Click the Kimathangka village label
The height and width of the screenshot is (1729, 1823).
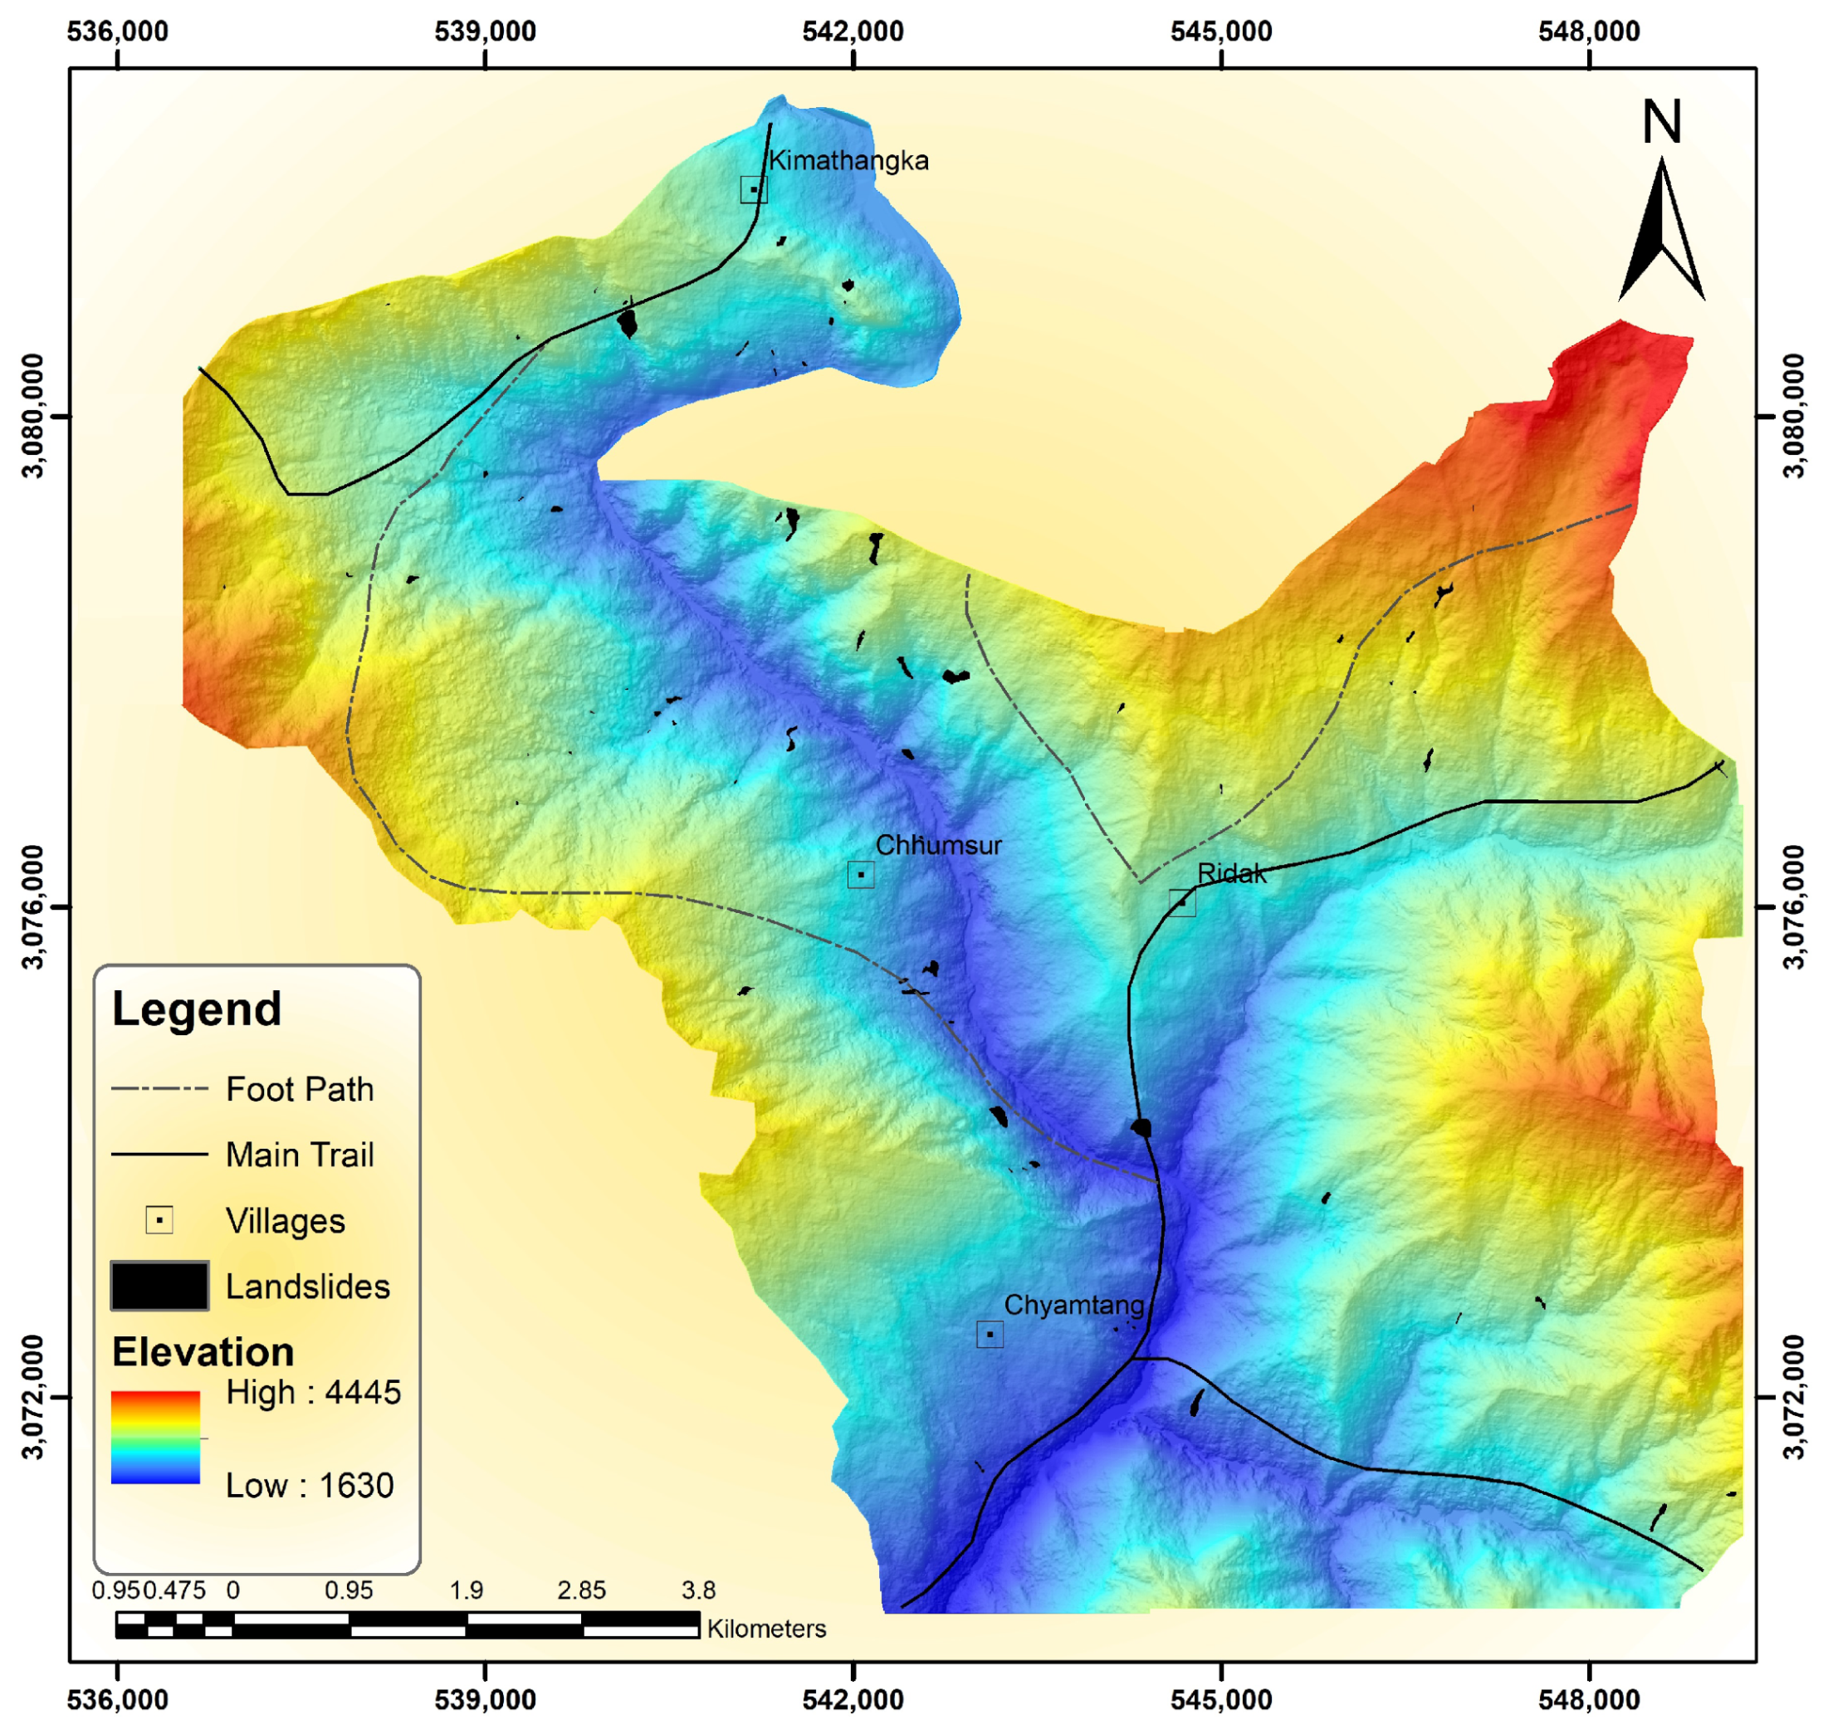coord(848,160)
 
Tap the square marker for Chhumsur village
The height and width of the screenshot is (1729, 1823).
coord(860,874)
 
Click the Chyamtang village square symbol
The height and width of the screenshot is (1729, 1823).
coord(989,1334)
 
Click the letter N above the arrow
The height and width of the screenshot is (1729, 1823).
coord(1662,122)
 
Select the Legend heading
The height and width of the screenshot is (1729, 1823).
coord(196,1009)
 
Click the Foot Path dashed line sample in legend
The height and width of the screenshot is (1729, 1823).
coord(159,1088)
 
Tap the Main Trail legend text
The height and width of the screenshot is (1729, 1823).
coord(300,1155)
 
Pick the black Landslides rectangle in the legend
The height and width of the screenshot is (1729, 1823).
coord(159,1286)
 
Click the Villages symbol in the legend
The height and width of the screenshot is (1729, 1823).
coord(159,1220)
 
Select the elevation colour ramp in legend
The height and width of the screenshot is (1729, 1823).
coord(156,1437)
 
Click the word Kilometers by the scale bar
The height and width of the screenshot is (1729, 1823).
coord(766,1629)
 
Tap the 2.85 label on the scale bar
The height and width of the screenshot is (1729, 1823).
coord(582,1590)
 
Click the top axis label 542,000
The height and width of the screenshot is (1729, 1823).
coord(853,32)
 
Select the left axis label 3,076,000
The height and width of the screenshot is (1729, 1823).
coord(34,907)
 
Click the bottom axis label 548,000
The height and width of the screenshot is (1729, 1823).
coord(1589,1698)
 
